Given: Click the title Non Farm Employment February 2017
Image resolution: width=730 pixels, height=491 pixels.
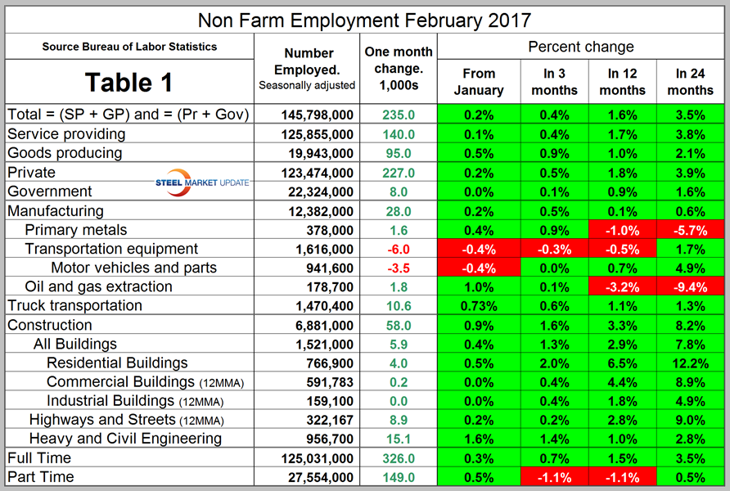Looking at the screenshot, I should [364, 18].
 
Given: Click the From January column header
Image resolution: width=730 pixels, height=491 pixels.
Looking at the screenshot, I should [478, 83].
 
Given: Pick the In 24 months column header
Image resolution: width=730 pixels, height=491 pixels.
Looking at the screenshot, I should [690, 83].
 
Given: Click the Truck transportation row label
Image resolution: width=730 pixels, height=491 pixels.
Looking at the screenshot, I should [75, 305].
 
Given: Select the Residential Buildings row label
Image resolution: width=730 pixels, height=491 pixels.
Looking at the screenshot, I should [117, 363].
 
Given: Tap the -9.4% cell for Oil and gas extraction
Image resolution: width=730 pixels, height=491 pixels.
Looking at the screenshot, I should [690, 286].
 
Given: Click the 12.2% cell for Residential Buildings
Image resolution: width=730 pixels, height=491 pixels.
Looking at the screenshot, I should [690, 363].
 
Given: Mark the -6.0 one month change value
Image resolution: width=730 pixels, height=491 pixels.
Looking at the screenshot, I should [398, 249].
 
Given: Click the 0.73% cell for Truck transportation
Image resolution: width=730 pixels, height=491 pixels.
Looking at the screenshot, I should [478, 305].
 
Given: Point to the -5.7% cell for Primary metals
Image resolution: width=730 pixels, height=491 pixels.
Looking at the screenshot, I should [690, 229].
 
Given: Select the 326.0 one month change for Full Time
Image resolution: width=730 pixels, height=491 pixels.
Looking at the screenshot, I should [398, 458].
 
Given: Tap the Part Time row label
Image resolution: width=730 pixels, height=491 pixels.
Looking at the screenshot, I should [41, 477].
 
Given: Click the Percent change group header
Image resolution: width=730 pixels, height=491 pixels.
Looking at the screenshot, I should [581, 47].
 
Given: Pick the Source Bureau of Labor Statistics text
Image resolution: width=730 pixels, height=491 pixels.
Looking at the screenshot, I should [130, 47].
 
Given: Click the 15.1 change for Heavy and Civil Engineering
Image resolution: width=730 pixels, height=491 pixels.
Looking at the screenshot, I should [398, 439].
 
